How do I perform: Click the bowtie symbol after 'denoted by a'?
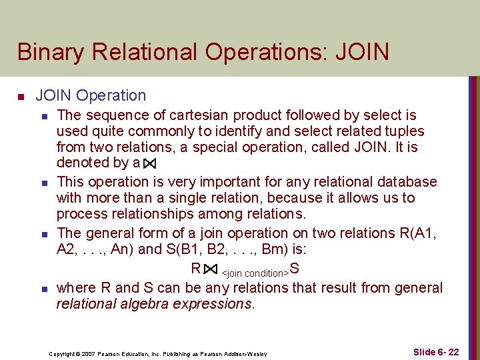tap(149, 163)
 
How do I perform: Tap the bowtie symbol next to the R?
tap(210, 269)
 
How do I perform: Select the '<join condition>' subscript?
tap(255, 273)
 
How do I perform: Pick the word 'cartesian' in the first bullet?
tap(200, 115)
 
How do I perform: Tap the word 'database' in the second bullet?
tap(408, 181)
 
